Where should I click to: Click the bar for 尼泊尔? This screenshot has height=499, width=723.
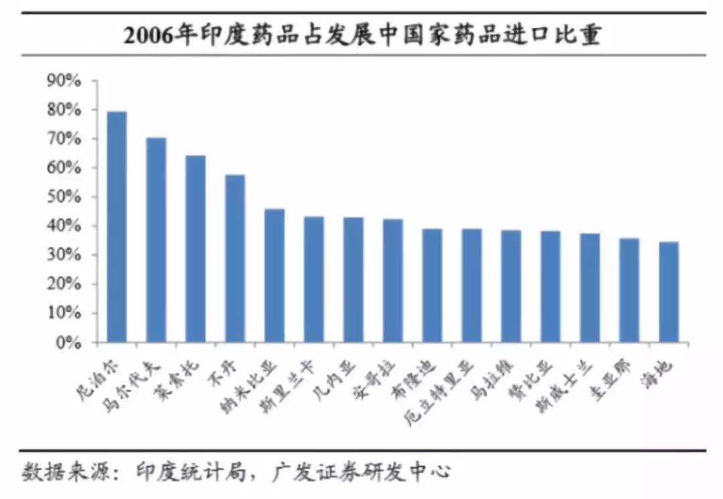tap(116, 228)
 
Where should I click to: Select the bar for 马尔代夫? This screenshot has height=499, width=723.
tap(156, 241)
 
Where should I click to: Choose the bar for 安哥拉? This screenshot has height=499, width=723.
tap(393, 281)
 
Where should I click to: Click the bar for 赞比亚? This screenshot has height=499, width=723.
tap(550, 287)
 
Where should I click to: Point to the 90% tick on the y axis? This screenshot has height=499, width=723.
tap(64, 81)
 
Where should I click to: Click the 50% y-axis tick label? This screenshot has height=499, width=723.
tap(64, 198)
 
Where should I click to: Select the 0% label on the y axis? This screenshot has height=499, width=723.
tap(68, 343)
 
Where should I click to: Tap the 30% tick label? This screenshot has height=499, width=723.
tap(64, 256)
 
